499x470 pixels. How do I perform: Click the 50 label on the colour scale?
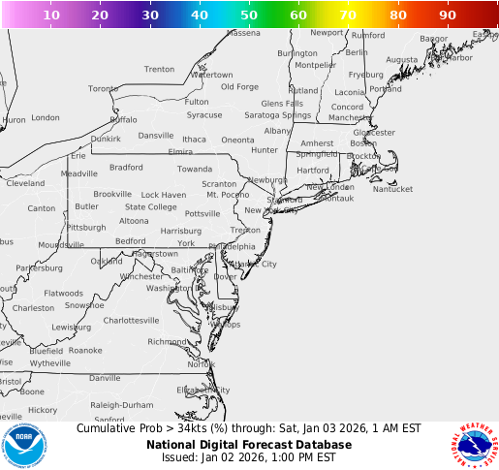(249, 16)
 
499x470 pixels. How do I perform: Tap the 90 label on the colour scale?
(447, 16)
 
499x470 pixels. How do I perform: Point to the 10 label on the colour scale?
(51, 16)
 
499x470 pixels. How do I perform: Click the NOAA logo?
(23, 444)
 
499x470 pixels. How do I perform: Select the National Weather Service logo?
(475, 444)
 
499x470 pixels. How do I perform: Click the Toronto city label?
(103, 88)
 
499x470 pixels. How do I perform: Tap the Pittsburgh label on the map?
(86, 227)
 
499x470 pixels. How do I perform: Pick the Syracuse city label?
(204, 114)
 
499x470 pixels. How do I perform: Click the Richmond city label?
(167, 341)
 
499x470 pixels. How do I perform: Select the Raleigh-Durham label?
(122, 405)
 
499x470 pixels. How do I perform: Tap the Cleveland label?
(25, 182)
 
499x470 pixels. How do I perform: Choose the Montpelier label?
(315, 65)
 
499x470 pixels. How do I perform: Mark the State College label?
(150, 206)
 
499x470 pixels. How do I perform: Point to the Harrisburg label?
(181, 231)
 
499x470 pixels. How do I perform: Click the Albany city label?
(277, 130)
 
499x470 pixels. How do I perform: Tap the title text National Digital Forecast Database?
(249, 445)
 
